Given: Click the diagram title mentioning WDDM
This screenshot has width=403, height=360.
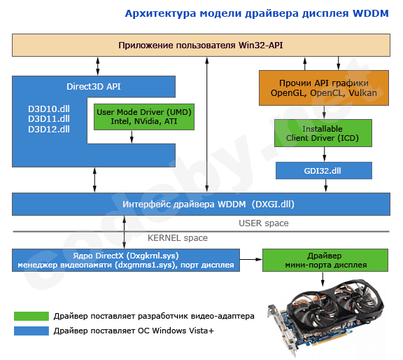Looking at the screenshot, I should coord(257,13).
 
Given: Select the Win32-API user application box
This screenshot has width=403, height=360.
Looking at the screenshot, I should coord(201,46).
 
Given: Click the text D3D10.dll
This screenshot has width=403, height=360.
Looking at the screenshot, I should coord(49,109).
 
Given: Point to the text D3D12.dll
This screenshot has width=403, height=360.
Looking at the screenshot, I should coord(49,129).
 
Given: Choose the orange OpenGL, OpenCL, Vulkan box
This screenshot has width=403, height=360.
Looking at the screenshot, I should coord(324,88).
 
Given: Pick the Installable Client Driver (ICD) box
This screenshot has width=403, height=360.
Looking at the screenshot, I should coord(322,134).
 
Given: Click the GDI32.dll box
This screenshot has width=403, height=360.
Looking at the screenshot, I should coord(323,169).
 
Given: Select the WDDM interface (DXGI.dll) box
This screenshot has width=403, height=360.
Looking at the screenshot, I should coord(201,204).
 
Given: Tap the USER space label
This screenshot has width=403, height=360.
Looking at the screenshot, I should coord(263,223).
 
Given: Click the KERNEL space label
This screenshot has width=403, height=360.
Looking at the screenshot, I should coord(177,238).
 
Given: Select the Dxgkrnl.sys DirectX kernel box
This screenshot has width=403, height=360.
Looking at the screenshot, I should coord(126,260).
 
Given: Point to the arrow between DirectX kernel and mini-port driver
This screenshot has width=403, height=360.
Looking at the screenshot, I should coord(250,260).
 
